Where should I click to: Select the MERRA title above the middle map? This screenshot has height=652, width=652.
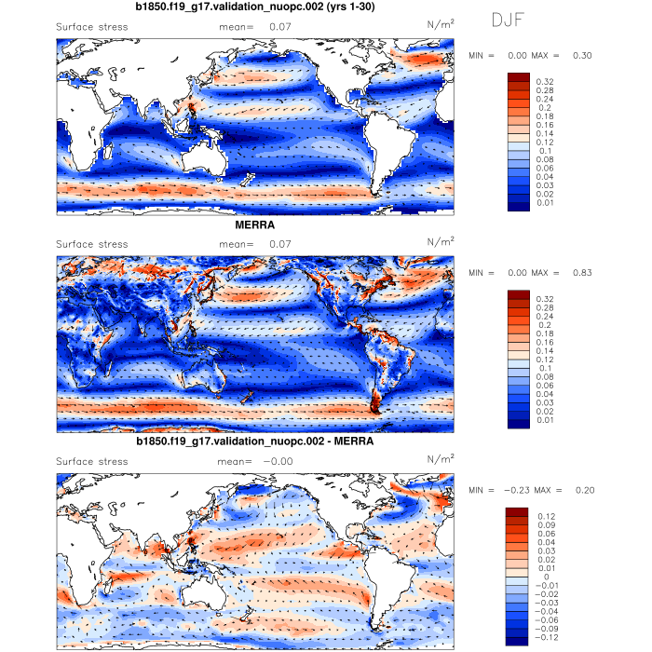point(255,225)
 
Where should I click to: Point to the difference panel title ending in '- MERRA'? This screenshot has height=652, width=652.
point(255,441)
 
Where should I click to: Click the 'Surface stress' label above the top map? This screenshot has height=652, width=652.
point(92,27)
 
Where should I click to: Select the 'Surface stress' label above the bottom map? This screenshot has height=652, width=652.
point(92,461)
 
